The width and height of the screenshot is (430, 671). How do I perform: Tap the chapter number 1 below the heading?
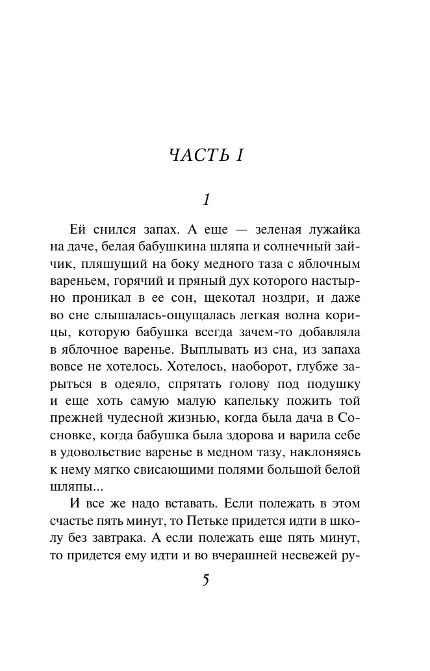(207, 200)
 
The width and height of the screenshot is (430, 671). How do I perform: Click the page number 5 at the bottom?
(207, 580)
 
